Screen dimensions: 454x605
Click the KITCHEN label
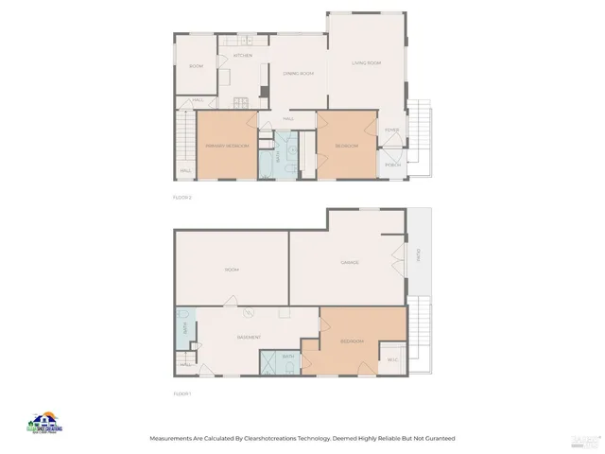(243, 56)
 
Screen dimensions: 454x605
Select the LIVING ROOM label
(366, 63)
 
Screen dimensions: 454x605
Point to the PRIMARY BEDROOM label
(227, 146)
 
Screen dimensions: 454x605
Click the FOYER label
(391, 130)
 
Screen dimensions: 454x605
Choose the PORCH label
(392, 165)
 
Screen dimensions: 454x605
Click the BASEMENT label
(249, 338)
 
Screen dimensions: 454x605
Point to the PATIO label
(418, 254)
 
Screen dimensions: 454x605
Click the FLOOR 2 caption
(182, 197)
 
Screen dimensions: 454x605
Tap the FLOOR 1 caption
(182, 393)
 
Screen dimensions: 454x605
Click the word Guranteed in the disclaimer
(438, 438)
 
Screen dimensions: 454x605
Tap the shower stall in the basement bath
(269, 364)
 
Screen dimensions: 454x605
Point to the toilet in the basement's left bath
(184, 318)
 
